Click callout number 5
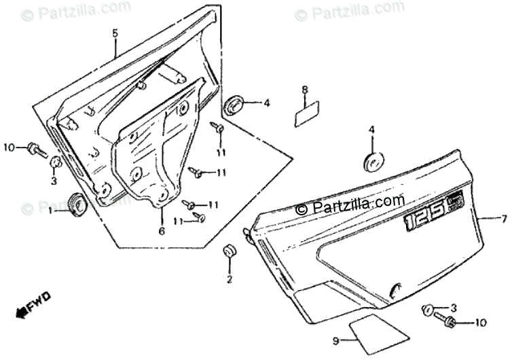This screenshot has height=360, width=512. coord(115,33)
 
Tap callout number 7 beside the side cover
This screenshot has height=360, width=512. coord(503,219)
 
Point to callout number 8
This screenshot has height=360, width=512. coord(306,90)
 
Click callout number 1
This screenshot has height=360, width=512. coord(50,211)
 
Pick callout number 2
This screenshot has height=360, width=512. coord(229,279)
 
